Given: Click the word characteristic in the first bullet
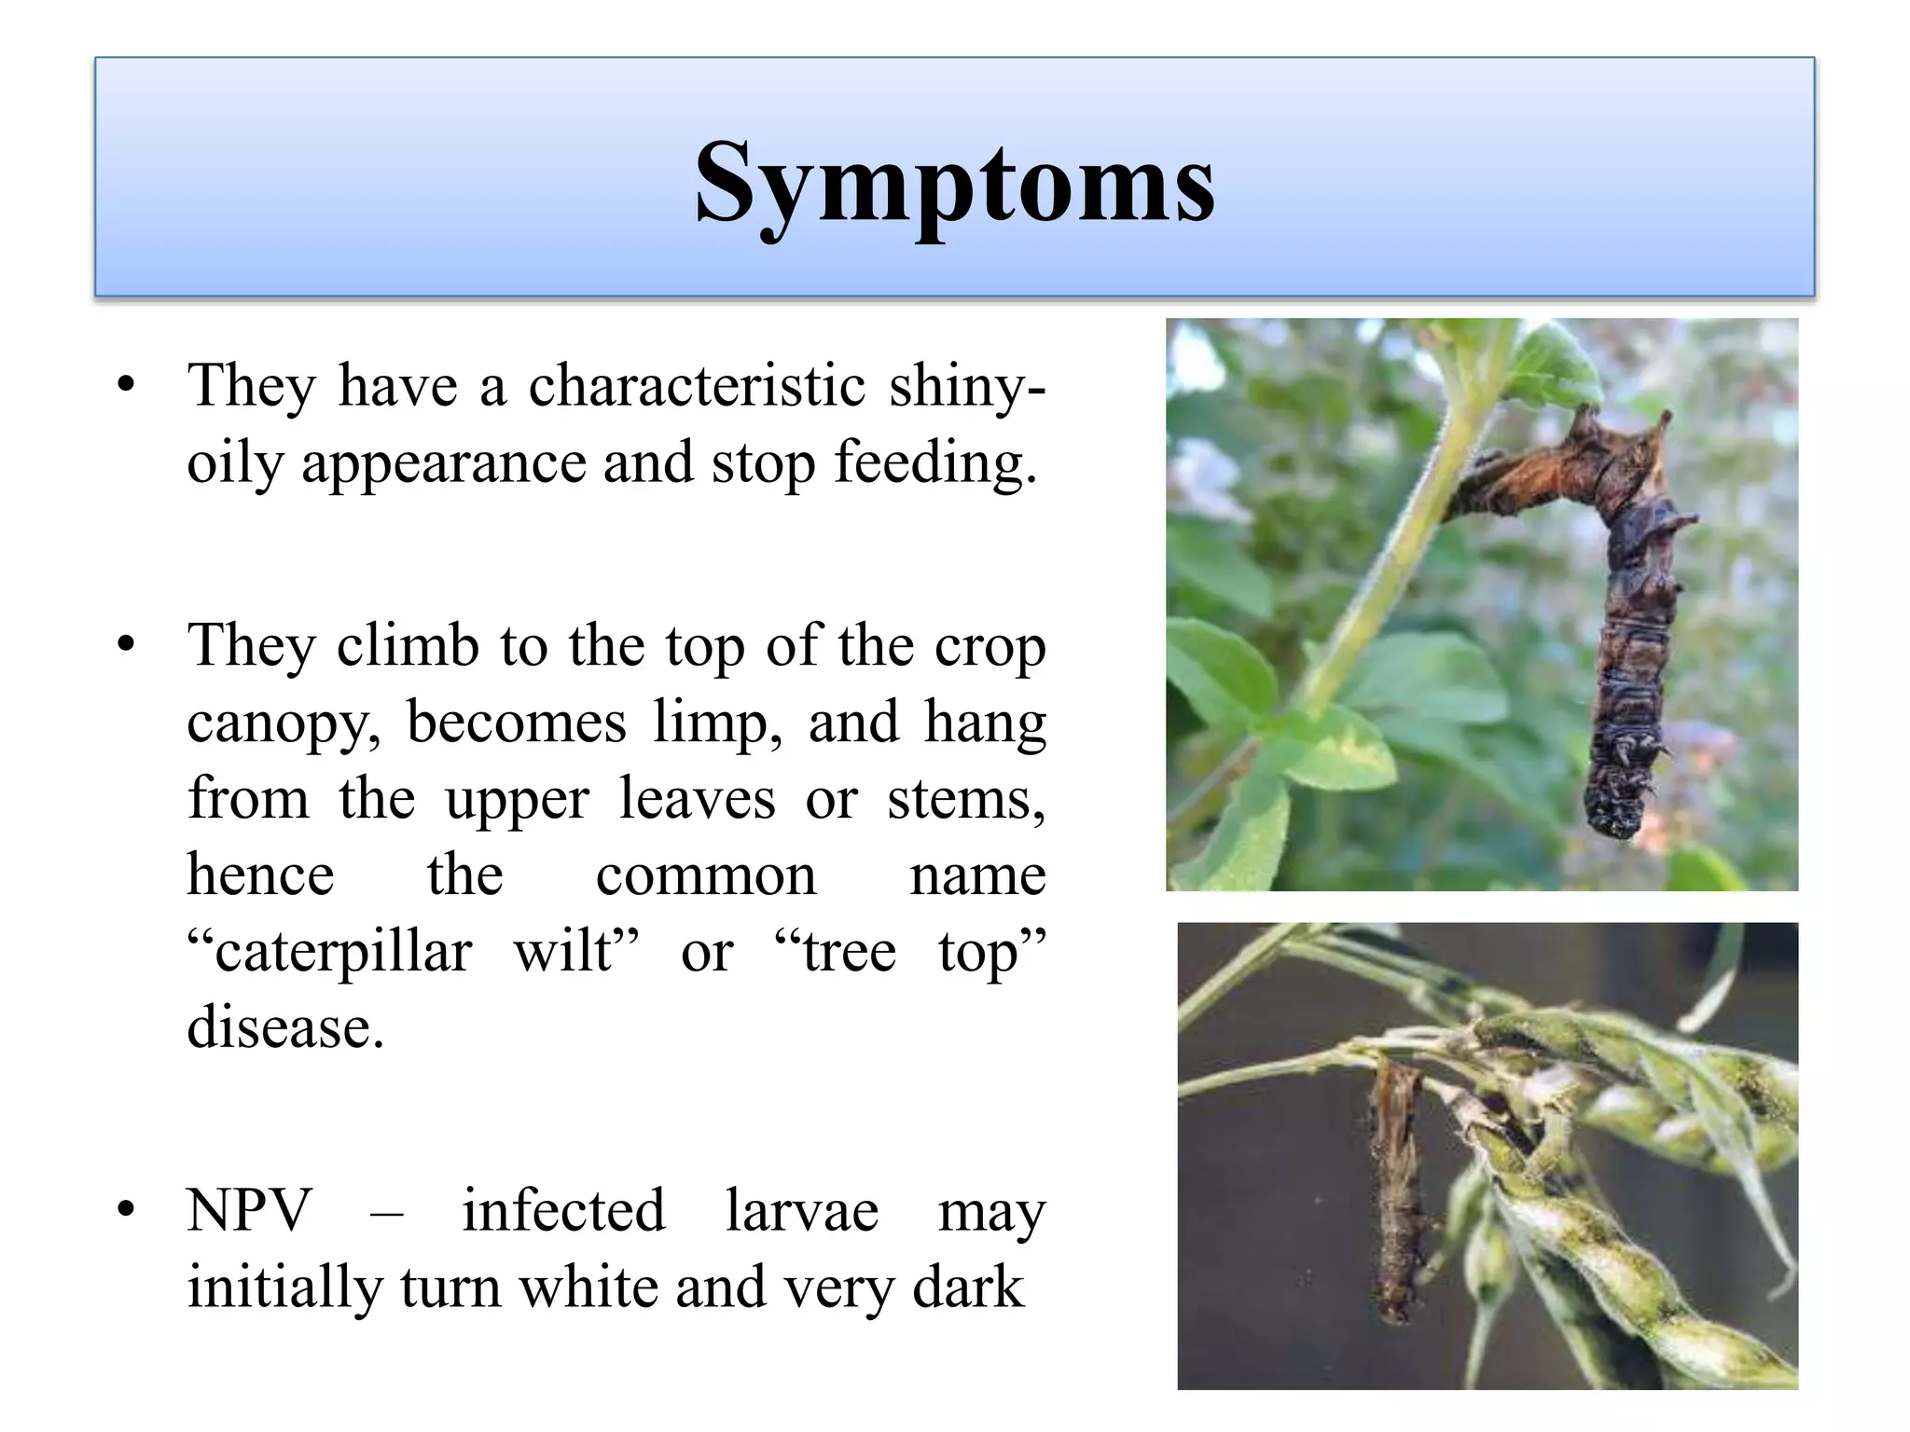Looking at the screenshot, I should coord(698,385).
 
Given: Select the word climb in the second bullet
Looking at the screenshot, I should coord(408,645).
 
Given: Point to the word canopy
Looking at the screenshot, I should coord(283,723).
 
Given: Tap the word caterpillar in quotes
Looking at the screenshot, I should coord(331,953).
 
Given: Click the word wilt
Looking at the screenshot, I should coord(575,951).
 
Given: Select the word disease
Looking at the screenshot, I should coord(285,1027).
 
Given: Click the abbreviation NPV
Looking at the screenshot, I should coord(248,1211).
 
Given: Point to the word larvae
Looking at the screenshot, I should coord(802,1211).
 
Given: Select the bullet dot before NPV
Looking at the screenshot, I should coord(127,1210).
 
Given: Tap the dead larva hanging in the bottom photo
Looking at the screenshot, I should coord(1393,1193).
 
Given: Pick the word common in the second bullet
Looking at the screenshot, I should coord(705,876).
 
